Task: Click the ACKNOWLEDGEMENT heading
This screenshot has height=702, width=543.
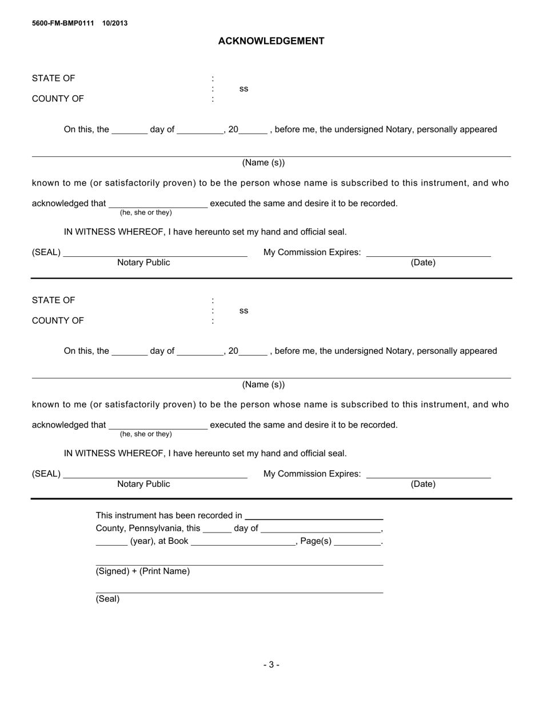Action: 271,41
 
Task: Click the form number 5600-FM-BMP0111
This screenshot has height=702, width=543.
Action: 63,23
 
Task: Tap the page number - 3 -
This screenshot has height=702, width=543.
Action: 271,664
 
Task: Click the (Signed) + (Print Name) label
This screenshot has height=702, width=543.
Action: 143,571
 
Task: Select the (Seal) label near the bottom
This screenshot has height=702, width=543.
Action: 107,599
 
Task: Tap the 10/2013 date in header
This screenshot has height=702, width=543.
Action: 115,23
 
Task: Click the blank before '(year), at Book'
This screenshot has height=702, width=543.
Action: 111,541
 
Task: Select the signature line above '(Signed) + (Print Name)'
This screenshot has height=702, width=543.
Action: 239,565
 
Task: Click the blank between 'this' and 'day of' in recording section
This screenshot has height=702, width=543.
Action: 217,528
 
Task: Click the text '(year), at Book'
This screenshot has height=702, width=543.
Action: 159,541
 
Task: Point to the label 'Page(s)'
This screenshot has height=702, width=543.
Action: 316,541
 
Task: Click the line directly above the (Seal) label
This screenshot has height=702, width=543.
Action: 239,592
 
